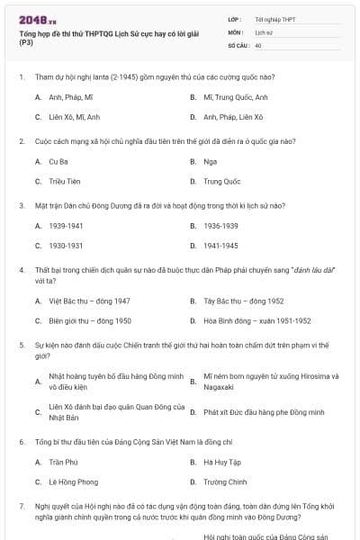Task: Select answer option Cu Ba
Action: click(58, 161)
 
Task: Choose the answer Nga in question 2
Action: click(210, 161)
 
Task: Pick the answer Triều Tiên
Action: click(64, 181)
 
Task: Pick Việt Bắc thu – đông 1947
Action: click(89, 301)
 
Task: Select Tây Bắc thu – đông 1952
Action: click(243, 301)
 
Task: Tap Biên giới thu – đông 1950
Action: click(90, 320)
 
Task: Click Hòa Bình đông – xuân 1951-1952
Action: click(256, 320)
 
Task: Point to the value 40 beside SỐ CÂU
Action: click(258, 44)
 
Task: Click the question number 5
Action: click(21, 345)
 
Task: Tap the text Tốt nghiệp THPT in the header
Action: click(274, 18)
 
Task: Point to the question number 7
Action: click(21, 506)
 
